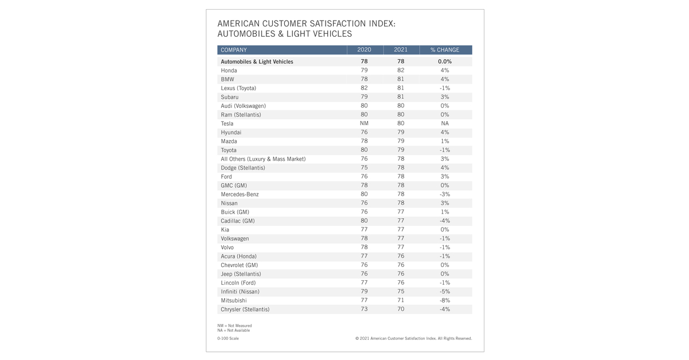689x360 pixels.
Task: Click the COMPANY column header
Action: (x=234, y=50)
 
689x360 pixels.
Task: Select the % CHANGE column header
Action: (x=444, y=50)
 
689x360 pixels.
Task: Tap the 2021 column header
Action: (x=400, y=50)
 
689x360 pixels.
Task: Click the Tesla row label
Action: (x=227, y=123)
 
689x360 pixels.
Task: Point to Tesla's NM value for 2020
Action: (x=364, y=123)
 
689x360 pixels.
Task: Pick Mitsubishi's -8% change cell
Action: (x=444, y=300)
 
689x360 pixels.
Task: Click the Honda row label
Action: (x=229, y=71)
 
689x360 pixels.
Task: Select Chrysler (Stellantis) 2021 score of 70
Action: (x=400, y=309)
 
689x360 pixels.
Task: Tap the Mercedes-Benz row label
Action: (x=240, y=195)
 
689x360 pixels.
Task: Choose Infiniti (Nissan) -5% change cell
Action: (x=444, y=292)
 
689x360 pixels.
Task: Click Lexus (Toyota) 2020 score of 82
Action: (x=364, y=88)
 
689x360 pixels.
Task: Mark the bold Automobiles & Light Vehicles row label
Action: (x=257, y=61)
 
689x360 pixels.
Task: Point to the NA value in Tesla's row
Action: (x=444, y=123)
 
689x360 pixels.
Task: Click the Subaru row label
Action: (x=230, y=97)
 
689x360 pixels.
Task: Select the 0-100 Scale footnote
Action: (x=228, y=339)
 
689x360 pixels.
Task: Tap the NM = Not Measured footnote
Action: (x=234, y=326)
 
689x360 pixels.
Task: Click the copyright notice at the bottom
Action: (x=413, y=339)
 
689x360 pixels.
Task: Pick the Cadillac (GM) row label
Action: (x=238, y=221)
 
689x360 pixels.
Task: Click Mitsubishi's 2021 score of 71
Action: (x=400, y=300)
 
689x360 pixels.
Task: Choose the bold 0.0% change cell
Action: (x=444, y=61)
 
